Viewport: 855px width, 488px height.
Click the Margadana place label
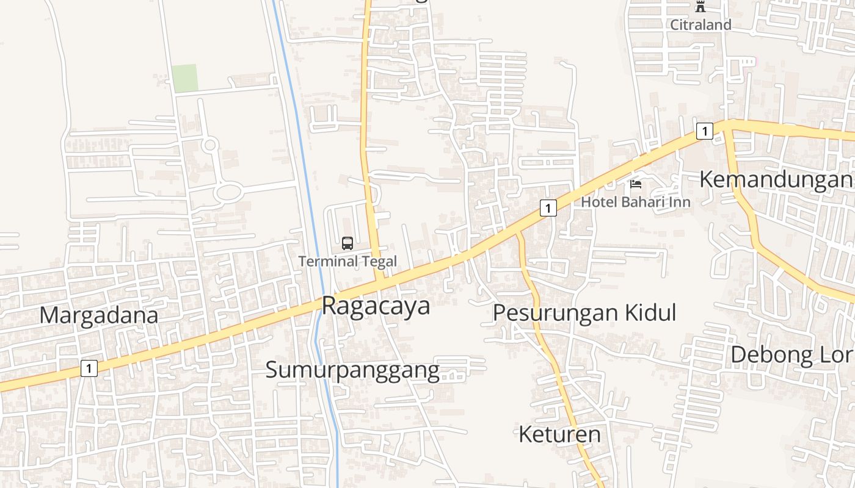coord(99,315)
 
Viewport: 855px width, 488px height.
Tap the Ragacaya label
coord(376,306)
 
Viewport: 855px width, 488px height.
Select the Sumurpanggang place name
coord(352,370)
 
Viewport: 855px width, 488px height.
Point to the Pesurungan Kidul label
coord(584,312)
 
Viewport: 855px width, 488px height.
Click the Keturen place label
coord(559,434)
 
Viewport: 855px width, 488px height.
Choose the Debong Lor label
coord(791,354)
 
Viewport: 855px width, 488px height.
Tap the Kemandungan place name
coord(776,179)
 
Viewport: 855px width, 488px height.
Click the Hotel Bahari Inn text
coord(635,202)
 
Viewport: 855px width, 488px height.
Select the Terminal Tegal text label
coord(347,262)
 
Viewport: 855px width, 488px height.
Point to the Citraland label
coord(700,25)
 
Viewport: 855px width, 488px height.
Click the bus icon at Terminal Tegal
coord(347,243)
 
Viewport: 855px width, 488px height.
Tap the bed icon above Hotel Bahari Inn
coord(636,184)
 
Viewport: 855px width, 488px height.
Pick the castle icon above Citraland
coord(700,7)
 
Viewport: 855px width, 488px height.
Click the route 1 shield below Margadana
coord(89,368)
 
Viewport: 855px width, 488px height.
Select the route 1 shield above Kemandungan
coord(705,131)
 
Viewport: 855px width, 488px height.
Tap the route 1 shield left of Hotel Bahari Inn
coord(548,208)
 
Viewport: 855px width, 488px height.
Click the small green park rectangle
coord(184,78)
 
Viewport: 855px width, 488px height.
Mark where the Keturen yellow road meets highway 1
coord(518,233)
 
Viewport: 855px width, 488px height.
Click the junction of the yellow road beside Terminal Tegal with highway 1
coord(379,281)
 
